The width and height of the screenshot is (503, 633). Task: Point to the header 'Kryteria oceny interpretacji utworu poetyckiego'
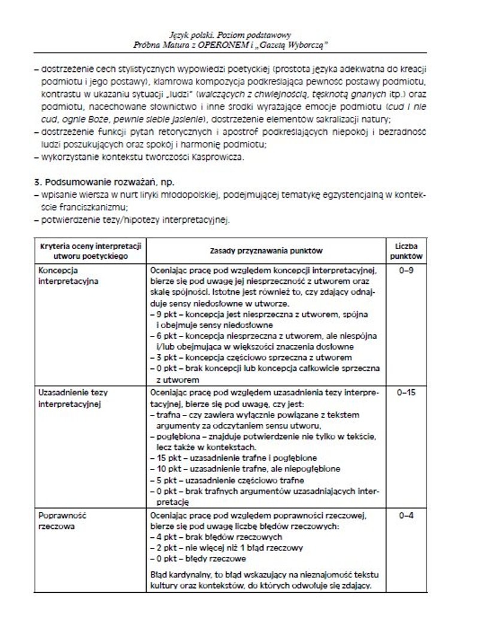(x=90, y=251)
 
